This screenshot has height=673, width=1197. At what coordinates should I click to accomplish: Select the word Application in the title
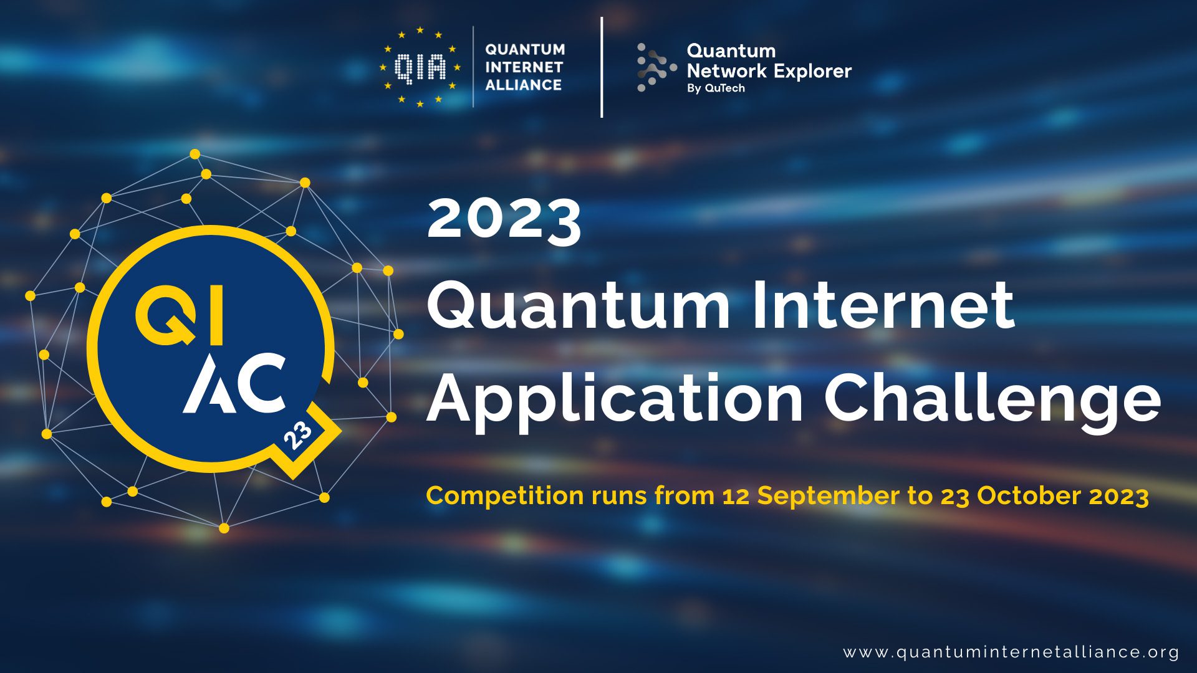click(x=615, y=399)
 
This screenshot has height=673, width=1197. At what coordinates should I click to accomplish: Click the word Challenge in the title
click(x=993, y=399)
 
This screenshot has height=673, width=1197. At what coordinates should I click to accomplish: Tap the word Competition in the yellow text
click(x=505, y=496)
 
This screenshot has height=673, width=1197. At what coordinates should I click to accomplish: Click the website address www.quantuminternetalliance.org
click(x=1011, y=652)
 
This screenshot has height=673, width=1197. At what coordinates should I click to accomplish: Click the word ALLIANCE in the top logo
click(x=523, y=85)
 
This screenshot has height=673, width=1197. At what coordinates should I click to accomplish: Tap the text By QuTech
click(x=716, y=88)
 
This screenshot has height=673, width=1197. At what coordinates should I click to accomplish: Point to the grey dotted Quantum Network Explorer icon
click(x=655, y=67)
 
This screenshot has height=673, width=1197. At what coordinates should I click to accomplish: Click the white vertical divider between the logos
click(x=602, y=67)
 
